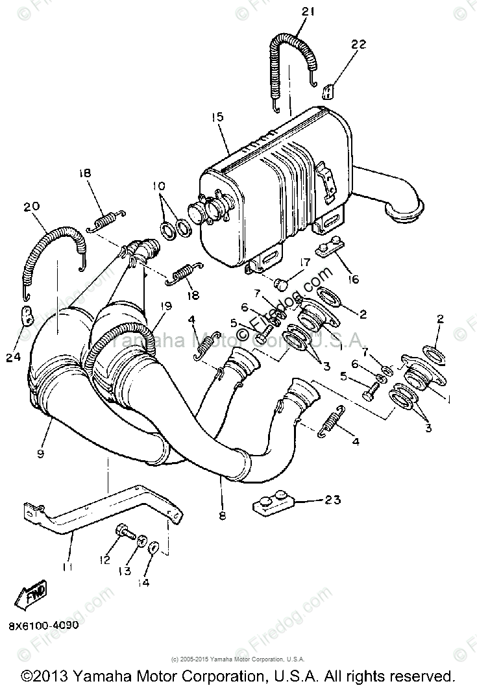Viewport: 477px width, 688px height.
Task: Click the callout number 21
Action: click(x=307, y=12)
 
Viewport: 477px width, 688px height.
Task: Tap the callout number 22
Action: click(x=358, y=45)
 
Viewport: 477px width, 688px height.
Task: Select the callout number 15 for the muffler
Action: click(x=217, y=117)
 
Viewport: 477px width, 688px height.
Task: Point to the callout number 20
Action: click(x=32, y=206)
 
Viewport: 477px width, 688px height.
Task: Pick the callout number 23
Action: click(x=332, y=500)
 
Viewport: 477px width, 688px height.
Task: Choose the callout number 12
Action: click(x=105, y=560)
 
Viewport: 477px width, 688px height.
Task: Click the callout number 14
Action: click(x=143, y=582)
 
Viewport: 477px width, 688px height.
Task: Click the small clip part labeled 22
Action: click(x=328, y=88)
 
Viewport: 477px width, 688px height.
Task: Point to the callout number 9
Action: click(x=40, y=454)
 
